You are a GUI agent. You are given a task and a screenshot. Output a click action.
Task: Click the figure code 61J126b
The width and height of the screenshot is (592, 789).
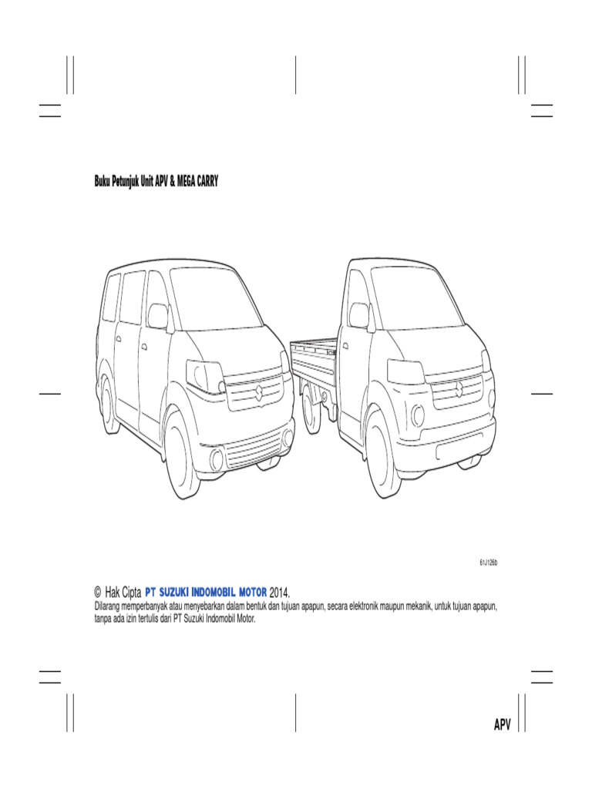click(x=488, y=563)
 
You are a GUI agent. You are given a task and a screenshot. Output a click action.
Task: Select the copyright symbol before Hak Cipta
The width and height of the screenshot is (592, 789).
click(x=97, y=592)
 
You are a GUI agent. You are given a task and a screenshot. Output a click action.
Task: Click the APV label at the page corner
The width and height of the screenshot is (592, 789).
click(x=503, y=725)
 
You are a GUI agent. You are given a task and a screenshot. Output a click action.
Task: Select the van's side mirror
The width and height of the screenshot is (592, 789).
click(x=157, y=316)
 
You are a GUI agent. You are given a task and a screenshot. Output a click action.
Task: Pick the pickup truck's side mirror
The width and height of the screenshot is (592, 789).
click(x=359, y=315)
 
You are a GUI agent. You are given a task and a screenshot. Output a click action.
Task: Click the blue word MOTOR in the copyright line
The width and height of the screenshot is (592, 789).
click(x=248, y=592)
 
